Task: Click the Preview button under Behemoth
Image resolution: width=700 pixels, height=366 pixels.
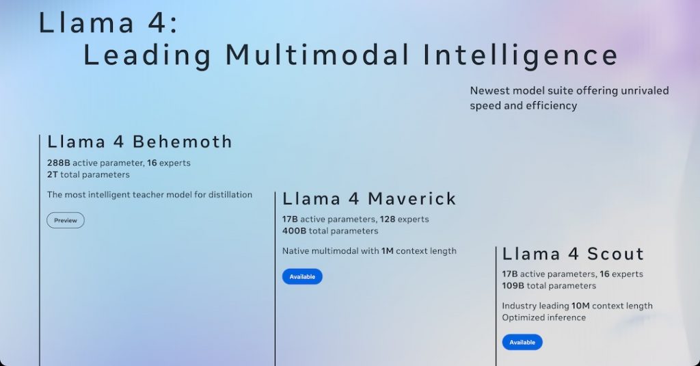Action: click(66, 220)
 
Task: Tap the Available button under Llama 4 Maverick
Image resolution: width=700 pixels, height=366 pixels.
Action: click(302, 276)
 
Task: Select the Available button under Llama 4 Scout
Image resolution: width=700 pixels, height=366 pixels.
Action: click(522, 342)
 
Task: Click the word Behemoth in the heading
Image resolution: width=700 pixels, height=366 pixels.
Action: click(183, 142)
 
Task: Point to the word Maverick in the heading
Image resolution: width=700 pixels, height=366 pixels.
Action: click(412, 198)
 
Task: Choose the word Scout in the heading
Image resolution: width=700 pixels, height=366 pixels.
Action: click(616, 254)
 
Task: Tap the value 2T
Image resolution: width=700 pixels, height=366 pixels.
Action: click(52, 174)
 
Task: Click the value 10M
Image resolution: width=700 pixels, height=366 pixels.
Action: click(580, 306)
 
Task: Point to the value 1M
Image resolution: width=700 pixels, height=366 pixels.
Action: click(388, 251)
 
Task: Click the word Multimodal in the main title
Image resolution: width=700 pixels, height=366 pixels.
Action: click(317, 55)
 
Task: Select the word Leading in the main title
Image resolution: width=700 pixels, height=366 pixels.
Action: click(148, 56)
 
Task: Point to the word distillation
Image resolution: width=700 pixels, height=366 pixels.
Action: click(230, 195)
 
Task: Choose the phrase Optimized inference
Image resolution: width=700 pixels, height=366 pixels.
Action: click(543, 317)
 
